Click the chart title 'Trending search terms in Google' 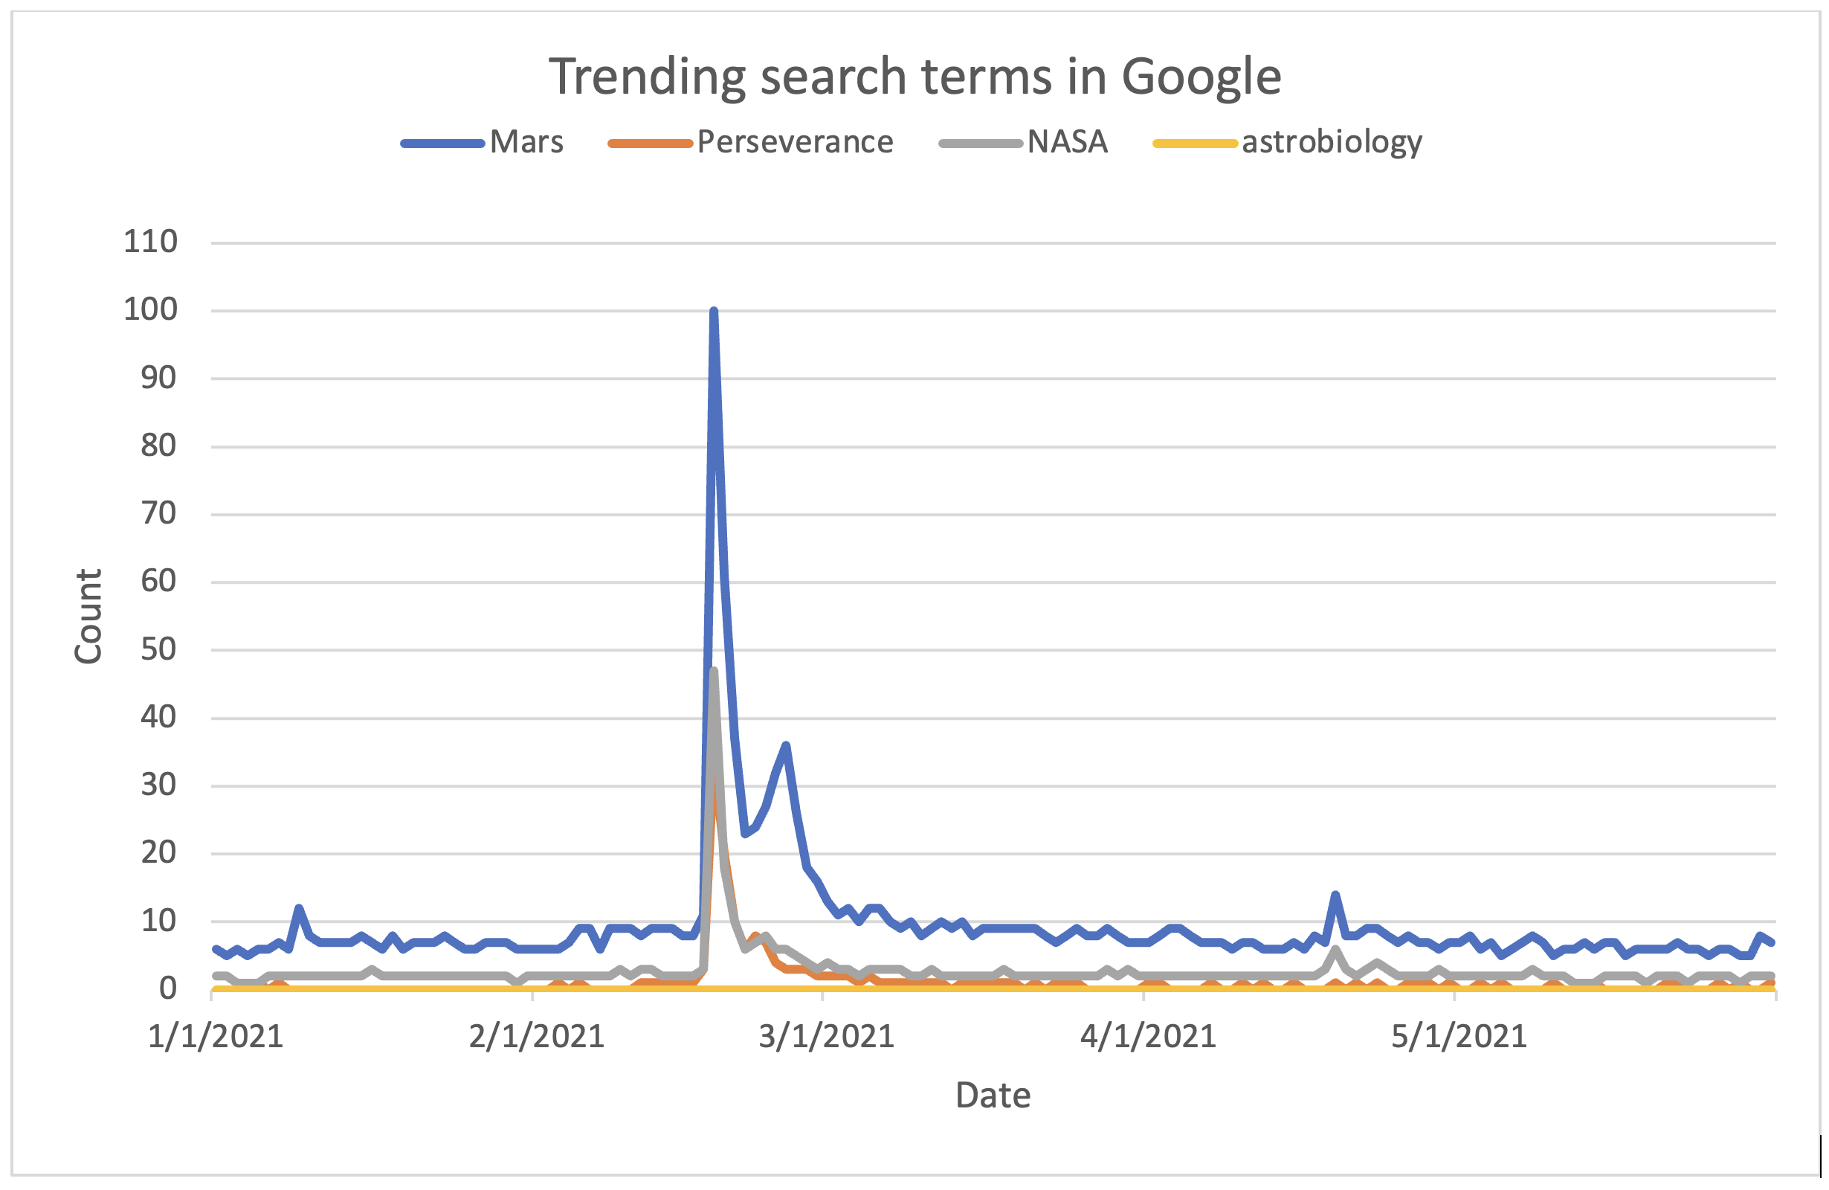pyautogui.click(x=914, y=76)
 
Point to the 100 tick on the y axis pyautogui.click(x=151, y=310)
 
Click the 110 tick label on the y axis pyautogui.click(x=151, y=242)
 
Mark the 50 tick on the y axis pyautogui.click(x=158, y=649)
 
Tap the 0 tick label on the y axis pyautogui.click(x=167, y=988)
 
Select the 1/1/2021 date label pyautogui.click(x=215, y=1037)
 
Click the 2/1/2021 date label pyautogui.click(x=536, y=1037)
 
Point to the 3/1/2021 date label pyautogui.click(x=826, y=1037)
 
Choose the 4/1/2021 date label pyautogui.click(x=1148, y=1037)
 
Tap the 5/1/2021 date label pyautogui.click(x=1459, y=1037)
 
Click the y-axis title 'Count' pyautogui.click(x=88, y=616)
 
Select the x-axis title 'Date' pyautogui.click(x=993, y=1096)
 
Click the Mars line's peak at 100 pyautogui.click(x=714, y=312)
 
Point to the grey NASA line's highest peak pyautogui.click(x=714, y=671)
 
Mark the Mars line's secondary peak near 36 pyautogui.click(x=786, y=745)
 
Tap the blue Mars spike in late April pyautogui.click(x=1335, y=895)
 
